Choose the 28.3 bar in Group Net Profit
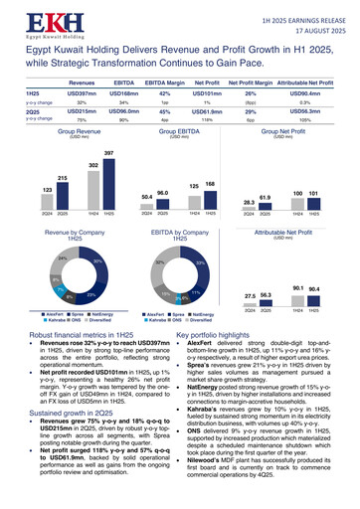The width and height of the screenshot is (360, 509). [x=249, y=207]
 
